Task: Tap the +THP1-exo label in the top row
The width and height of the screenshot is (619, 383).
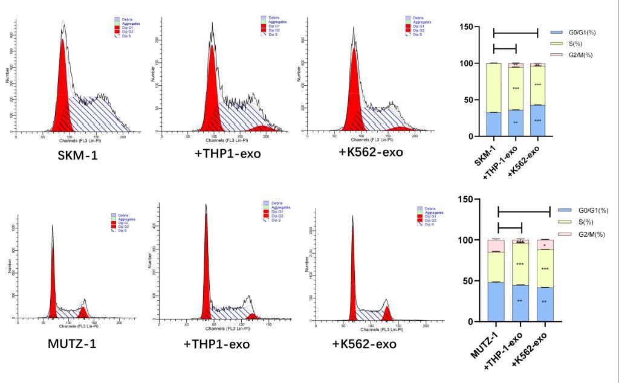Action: (x=228, y=154)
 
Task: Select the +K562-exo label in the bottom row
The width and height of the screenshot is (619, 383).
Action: (x=365, y=344)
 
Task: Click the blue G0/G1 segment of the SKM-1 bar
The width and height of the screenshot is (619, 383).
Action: (x=494, y=124)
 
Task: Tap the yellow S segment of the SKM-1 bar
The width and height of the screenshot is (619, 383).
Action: (x=494, y=88)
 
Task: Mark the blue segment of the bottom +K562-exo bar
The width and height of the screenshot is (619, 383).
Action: (x=545, y=304)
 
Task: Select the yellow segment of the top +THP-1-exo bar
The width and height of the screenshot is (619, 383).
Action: (x=516, y=88)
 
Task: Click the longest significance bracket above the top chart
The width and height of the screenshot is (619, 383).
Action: (x=516, y=32)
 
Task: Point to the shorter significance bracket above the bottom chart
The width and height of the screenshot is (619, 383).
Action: (x=510, y=228)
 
